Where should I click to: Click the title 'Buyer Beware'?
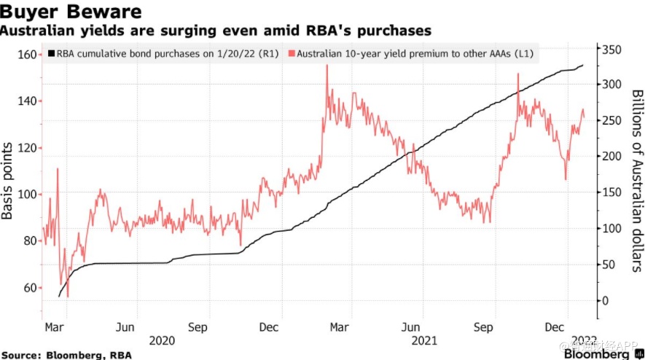71,12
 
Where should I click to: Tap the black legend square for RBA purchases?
51,54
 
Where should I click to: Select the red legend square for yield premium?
292,54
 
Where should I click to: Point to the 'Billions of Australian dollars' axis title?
636,181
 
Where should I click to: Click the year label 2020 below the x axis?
161,340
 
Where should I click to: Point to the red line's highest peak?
327,66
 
